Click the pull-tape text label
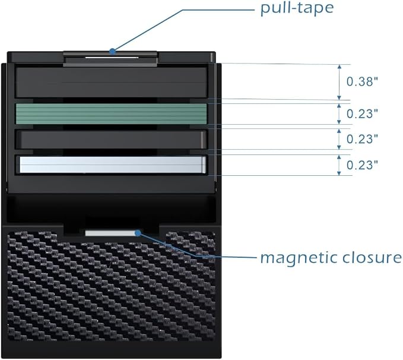coord(297,8)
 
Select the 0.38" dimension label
coord(363,81)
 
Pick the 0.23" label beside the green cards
coord(363,113)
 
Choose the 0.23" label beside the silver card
coord(363,165)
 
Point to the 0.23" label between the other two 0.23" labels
coord(363,139)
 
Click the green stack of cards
coord(112,113)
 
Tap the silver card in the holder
coord(113,165)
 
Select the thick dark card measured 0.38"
coord(112,83)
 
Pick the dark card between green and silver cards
coord(112,140)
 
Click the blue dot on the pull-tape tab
coord(112,51)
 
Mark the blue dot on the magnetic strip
coord(138,233)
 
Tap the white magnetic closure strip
coord(110,233)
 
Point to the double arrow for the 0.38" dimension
coord(339,82)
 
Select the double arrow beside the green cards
coord(339,113)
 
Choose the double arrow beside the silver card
coord(339,165)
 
